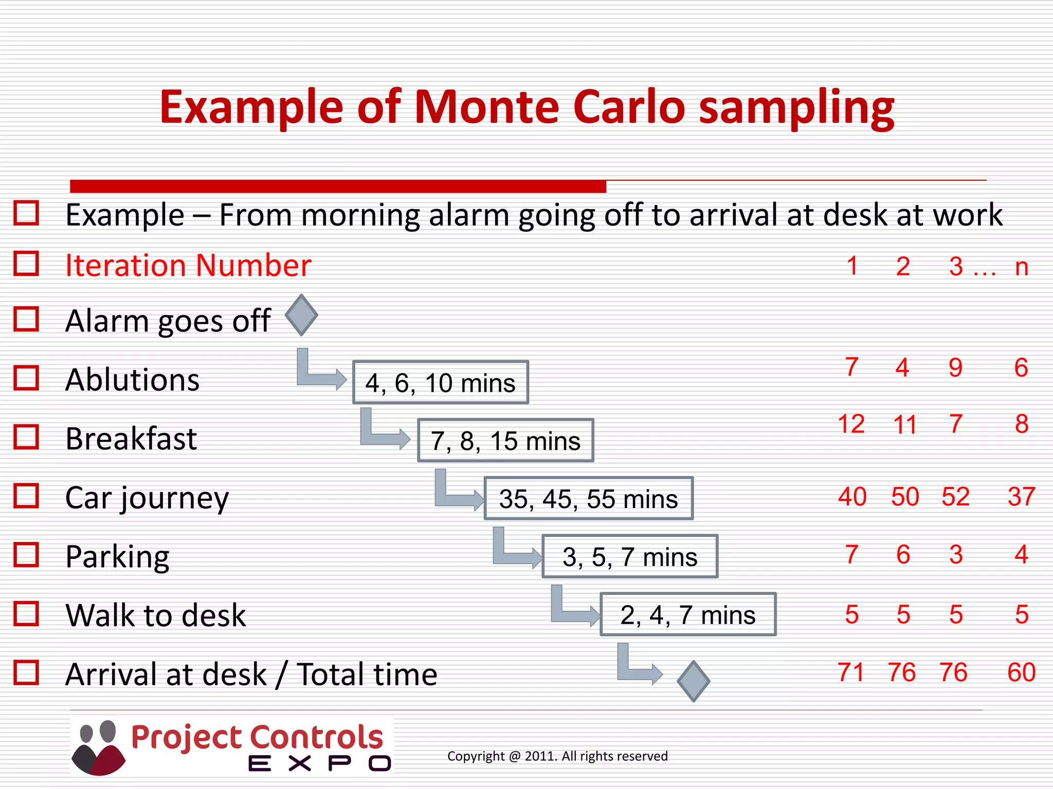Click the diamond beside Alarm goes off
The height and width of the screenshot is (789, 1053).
[301, 315]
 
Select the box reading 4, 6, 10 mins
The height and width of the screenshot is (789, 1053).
[441, 383]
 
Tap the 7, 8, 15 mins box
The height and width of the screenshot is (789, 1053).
[505, 441]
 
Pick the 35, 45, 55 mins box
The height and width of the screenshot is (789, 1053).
[588, 499]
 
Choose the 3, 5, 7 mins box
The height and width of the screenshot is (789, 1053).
[630, 557]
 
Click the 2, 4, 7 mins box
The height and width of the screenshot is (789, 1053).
[688, 615]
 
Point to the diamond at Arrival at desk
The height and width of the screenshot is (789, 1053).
[693, 681]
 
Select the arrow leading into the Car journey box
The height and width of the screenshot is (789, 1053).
[458, 493]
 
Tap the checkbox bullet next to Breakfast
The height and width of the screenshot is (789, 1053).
[26, 437]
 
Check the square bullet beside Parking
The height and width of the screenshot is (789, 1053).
[26, 555]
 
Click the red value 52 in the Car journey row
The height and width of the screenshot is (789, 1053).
[955, 497]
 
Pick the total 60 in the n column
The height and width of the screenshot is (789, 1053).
[1021, 672]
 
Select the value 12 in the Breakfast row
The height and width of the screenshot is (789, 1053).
[851, 424]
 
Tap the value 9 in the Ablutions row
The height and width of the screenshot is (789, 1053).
[955, 368]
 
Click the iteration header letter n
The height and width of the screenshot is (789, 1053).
[1022, 267]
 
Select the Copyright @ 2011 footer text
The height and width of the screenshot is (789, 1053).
[557, 756]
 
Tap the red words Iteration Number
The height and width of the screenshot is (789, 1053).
[188, 266]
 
